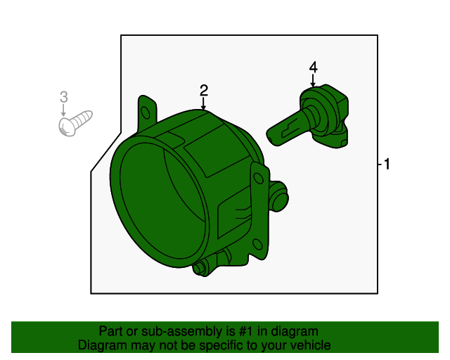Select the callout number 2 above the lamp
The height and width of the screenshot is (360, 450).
click(203, 90)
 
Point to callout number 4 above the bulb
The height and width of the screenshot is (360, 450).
click(313, 67)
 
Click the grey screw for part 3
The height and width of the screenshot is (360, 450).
click(74, 123)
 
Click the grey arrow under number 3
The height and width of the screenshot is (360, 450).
click(63, 112)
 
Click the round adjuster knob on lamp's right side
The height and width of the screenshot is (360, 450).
click(280, 199)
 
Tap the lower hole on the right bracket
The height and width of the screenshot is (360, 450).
click(257, 245)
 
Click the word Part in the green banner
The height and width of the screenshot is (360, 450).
click(111, 331)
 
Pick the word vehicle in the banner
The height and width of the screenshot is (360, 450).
click(310, 345)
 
